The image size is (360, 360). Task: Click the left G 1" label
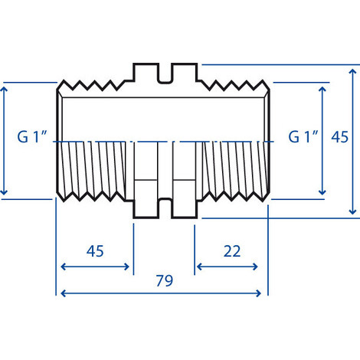click(x=34, y=138)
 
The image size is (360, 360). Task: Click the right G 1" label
click(x=303, y=138)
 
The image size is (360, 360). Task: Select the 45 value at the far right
click(x=340, y=138)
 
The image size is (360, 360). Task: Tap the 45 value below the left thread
click(x=95, y=250)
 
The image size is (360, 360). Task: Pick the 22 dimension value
click(x=231, y=250)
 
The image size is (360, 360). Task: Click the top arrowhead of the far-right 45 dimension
click(x=352, y=68)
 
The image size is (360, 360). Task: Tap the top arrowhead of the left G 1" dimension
click(x=6, y=87)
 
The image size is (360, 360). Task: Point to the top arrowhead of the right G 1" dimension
click(x=322, y=87)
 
